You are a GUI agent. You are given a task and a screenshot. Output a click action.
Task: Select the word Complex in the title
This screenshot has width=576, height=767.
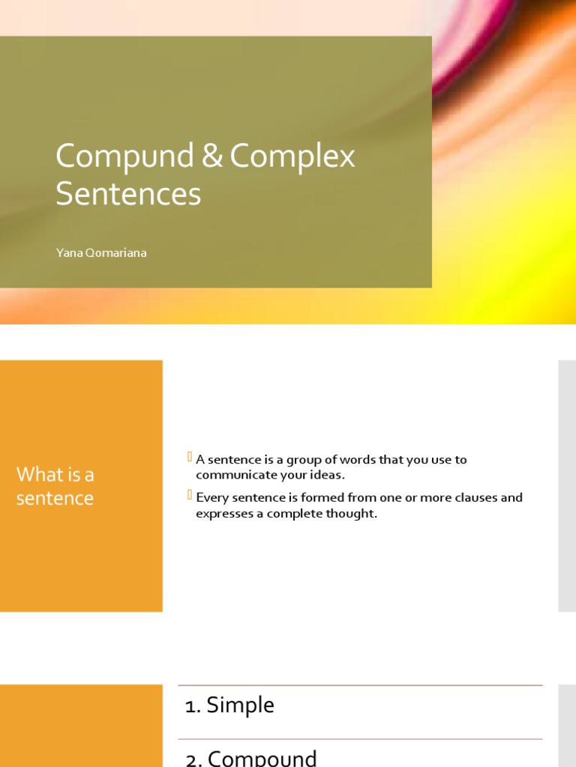point(292,157)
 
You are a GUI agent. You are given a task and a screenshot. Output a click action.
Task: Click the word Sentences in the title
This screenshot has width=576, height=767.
point(128,194)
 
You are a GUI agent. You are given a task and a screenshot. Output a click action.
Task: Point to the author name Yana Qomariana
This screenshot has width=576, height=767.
point(101,252)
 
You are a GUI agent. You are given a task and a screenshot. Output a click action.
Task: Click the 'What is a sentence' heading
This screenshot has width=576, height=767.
point(55,486)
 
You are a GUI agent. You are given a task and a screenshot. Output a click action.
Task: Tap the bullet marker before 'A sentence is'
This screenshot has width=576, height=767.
point(190,457)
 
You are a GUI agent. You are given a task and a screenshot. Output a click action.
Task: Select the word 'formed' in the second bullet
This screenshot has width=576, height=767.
point(311,497)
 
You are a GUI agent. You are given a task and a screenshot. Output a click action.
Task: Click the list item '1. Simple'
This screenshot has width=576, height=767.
point(229,705)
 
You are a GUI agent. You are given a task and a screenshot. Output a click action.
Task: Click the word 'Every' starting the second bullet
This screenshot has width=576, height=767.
point(211,497)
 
